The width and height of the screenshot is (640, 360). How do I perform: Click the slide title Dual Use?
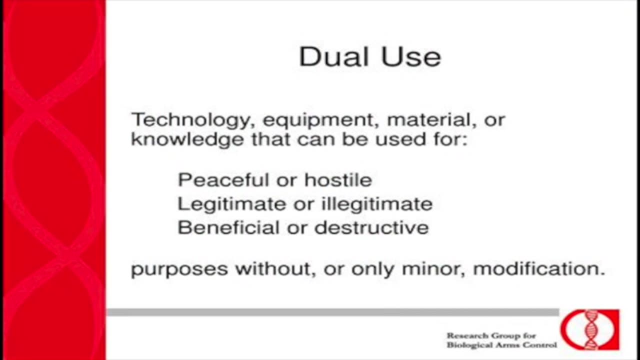370,56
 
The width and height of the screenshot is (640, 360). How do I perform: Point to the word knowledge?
187,140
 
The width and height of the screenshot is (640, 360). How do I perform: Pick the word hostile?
338,180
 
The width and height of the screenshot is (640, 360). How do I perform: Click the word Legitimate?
231,204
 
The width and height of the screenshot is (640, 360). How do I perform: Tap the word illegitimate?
377,204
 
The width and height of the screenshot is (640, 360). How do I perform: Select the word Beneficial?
228,227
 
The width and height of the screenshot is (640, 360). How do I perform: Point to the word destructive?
371,227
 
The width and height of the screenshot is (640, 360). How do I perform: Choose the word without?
275,269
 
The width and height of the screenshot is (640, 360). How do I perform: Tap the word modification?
539,268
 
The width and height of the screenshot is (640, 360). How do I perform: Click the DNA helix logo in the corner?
589,329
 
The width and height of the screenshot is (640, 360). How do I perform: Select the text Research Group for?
491,335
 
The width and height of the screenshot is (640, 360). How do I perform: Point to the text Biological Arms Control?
501,345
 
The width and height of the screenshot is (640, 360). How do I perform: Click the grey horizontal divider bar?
333,312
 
